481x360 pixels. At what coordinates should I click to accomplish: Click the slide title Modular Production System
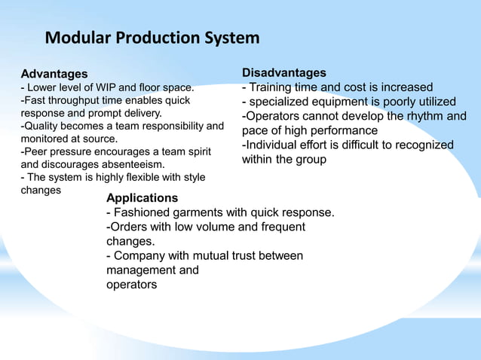(x=152, y=38)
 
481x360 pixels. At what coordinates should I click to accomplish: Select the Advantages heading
(x=54, y=75)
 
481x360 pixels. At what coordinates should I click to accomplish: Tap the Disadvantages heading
(x=283, y=72)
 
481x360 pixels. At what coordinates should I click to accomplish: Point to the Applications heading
(x=142, y=198)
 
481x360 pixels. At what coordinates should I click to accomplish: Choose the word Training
(x=273, y=87)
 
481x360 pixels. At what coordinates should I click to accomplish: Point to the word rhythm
(x=423, y=116)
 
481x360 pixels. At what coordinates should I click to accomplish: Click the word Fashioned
(x=142, y=212)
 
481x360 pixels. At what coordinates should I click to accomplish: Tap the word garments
(x=201, y=212)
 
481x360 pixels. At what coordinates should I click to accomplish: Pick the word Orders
(x=129, y=227)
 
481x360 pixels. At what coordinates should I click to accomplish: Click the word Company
(x=143, y=256)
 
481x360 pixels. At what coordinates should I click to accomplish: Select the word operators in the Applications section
(x=132, y=285)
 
